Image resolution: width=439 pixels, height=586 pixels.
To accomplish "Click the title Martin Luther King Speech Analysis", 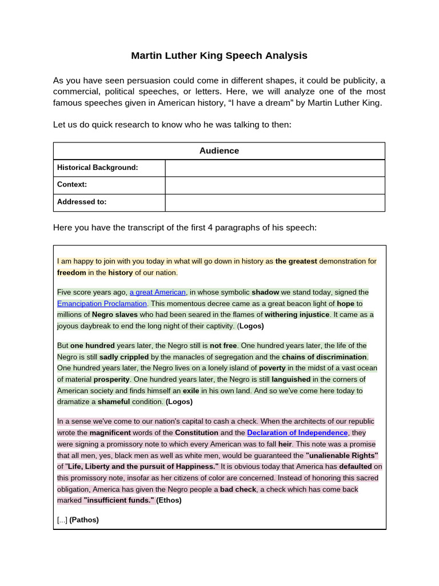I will tap(219, 56).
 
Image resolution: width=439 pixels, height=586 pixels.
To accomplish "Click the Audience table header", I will tap(219, 151).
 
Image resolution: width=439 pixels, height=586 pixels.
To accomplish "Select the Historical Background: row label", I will tap(98, 168).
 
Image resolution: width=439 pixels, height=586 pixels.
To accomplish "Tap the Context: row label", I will tap(72, 185).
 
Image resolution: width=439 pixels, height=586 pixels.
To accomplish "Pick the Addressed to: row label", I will tap(82, 202).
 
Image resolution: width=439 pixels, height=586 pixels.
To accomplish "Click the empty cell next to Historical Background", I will tap(275, 168).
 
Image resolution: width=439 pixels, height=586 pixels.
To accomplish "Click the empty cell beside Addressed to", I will tap(275, 202).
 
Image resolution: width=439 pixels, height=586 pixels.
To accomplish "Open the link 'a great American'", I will tap(157, 292).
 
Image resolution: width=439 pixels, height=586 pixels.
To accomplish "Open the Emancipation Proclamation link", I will tap(102, 303).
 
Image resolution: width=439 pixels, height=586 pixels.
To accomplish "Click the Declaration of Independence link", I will tap(297, 433).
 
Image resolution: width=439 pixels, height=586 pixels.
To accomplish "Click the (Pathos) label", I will tap(84, 520).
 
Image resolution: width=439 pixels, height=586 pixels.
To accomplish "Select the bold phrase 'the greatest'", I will tap(296, 262).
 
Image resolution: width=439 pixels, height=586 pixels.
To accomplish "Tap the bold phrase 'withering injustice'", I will tap(297, 315).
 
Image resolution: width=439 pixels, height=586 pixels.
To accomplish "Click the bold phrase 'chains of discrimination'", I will tap(324, 357).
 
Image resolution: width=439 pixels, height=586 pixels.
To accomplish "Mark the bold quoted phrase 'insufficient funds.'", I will tap(119, 500).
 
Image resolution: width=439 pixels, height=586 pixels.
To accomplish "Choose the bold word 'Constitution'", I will tap(197, 433).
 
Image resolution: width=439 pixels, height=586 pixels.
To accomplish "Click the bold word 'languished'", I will tap(291, 379).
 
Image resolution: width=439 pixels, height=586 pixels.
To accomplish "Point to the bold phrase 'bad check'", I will tap(238, 489).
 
